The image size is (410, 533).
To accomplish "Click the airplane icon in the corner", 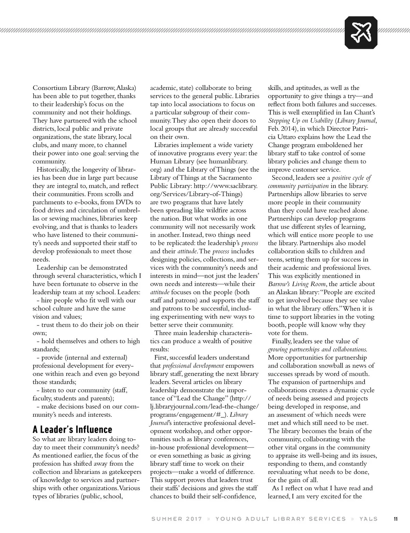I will [x=361, y=32].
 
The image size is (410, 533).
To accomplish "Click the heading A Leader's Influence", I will [x=72, y=429].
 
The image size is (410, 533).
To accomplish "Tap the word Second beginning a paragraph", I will [x=283, y=178].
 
